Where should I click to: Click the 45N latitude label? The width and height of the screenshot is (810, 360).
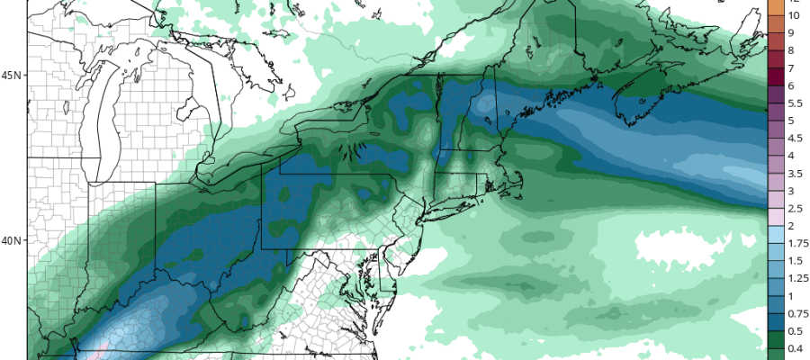coord(12,76)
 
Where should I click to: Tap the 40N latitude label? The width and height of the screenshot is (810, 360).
coord(12,241)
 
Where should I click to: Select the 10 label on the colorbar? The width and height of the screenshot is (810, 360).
coord(794,15)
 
